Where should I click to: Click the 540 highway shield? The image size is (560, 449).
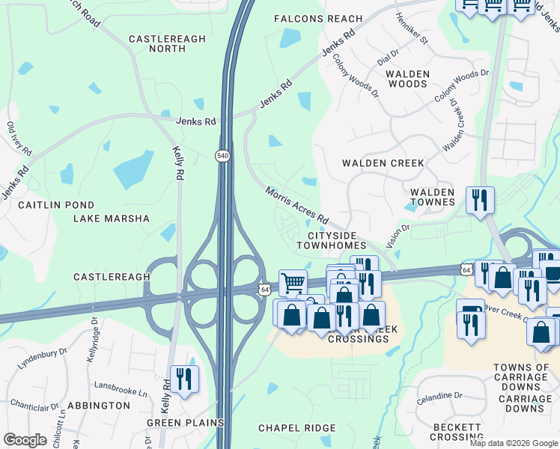click(x=222, y=155)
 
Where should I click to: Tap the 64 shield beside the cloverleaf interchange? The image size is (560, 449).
click(x=265, y=288)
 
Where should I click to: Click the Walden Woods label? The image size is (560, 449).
click(x=407, y=79)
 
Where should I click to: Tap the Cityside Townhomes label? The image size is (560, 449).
click(x=331, y=239)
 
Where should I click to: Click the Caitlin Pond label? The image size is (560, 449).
click(x=56, y=205)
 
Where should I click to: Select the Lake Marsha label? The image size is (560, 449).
click(x=112, y=219)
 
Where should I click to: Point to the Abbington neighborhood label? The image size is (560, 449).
click(x=99, y=405)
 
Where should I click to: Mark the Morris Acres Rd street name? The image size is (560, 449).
click(x=296, y=205)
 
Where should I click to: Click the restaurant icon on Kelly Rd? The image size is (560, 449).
click(x=183, y=378)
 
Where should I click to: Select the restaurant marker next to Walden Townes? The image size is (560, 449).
click(x=480, y=200)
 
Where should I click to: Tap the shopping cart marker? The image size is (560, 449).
click(x=293, y=283)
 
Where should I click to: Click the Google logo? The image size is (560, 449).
click(x=25, y=440)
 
